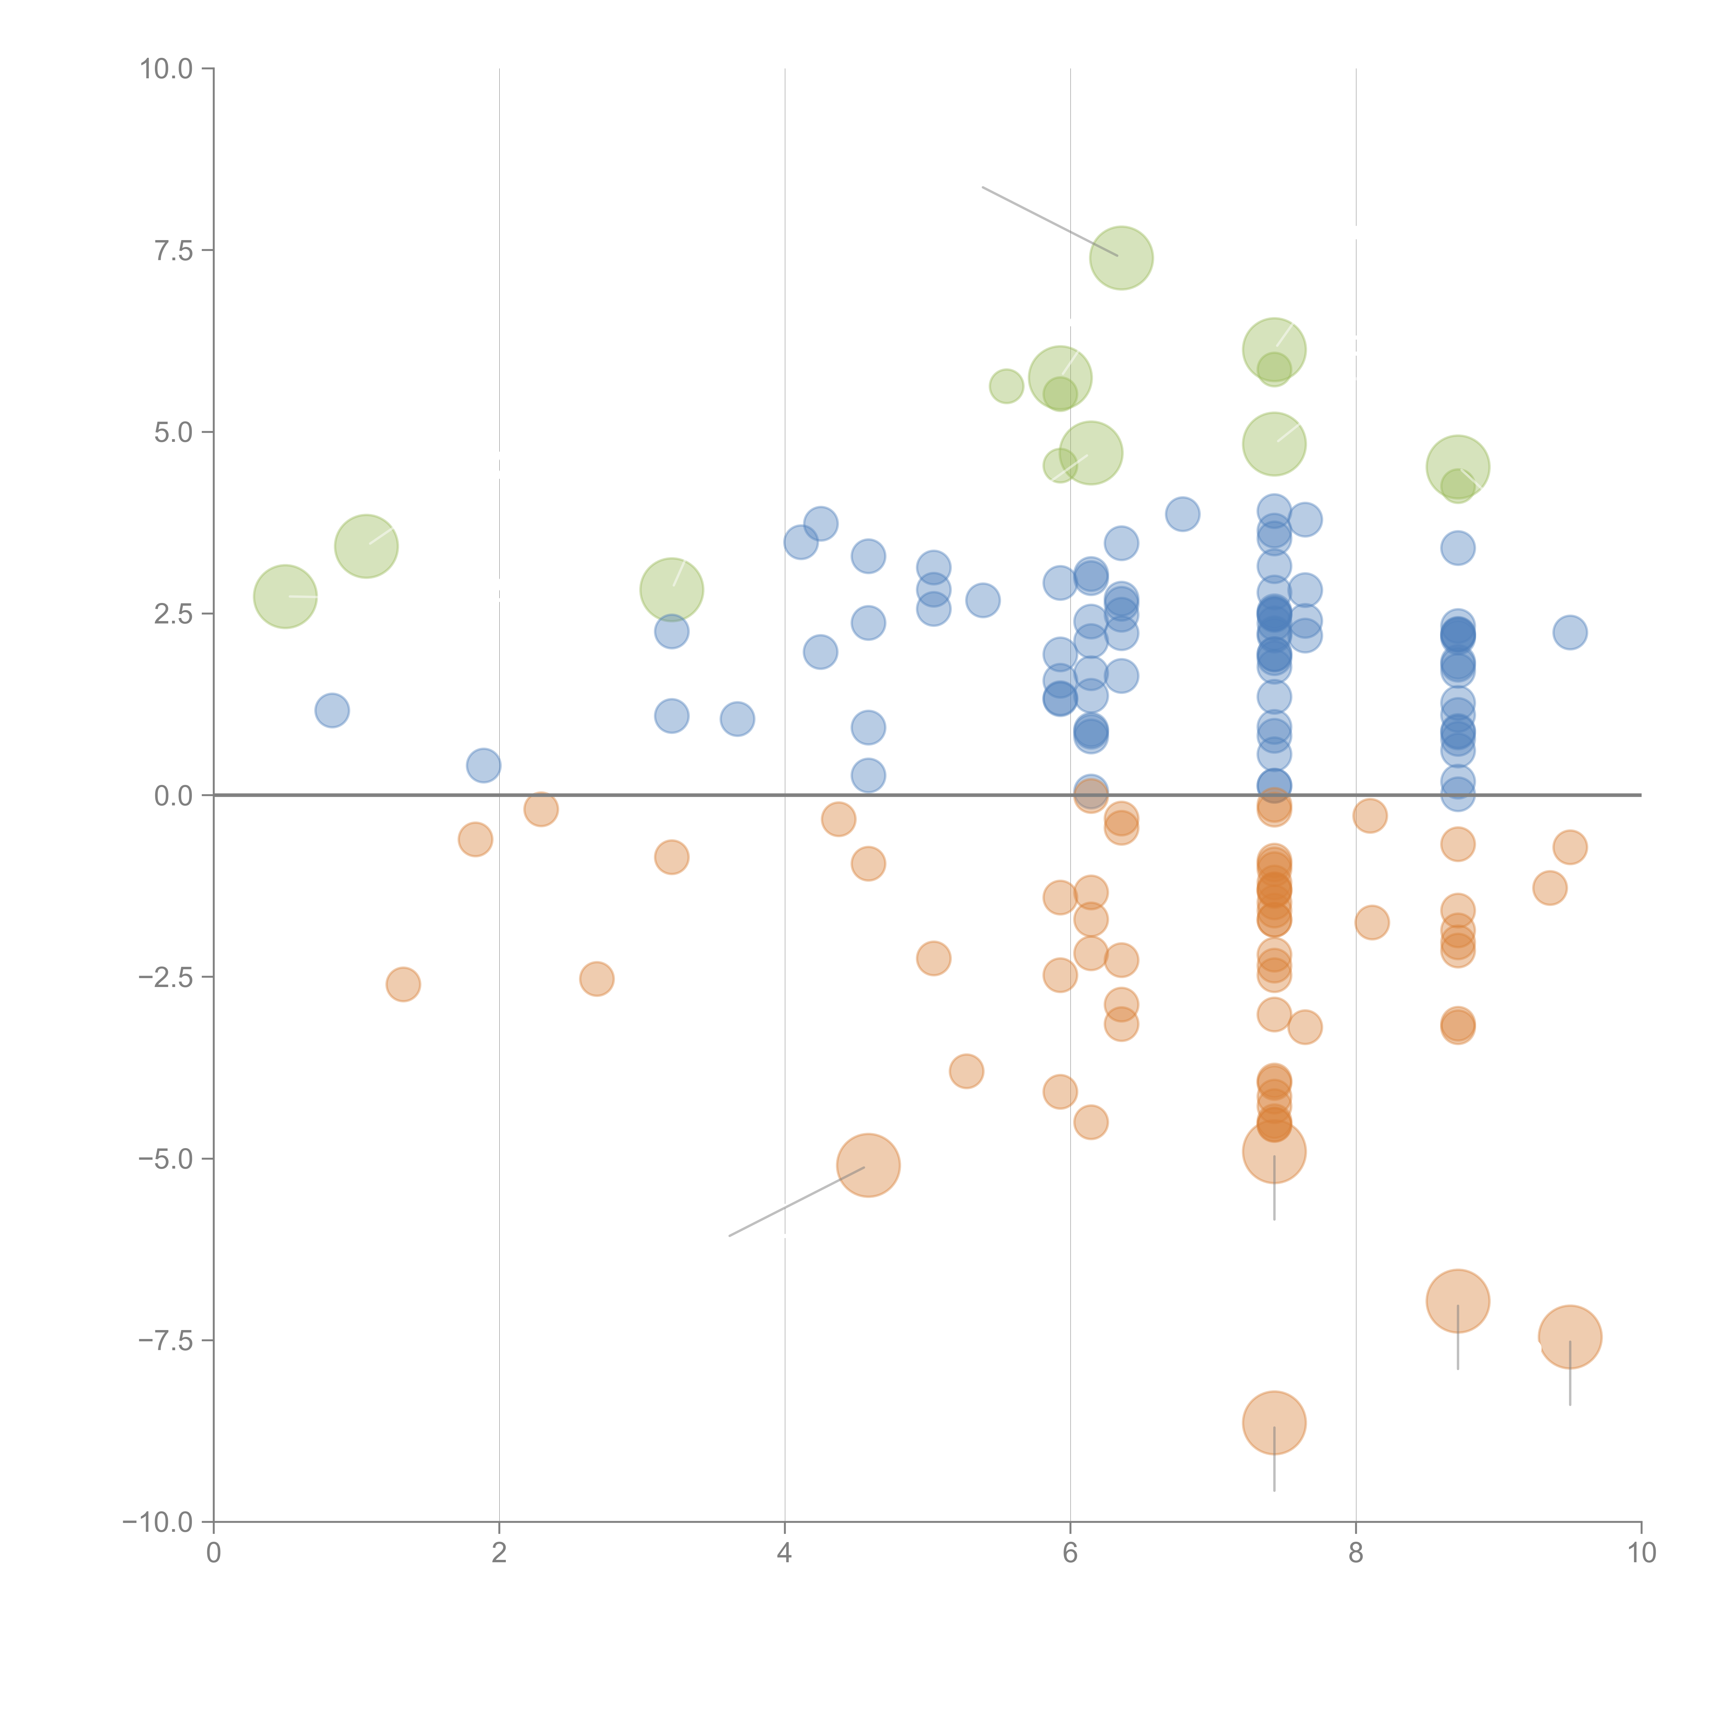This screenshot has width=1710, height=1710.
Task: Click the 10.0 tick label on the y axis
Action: pos(167,69)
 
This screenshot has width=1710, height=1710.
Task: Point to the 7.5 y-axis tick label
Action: pos(173,250)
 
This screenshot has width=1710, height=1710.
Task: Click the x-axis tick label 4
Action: pos(784,1553)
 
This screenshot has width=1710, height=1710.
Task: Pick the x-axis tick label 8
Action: pos(1356,1553)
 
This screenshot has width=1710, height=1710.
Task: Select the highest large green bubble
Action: pos(1121,258)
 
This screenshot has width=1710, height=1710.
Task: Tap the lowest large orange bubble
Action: pos(1274,1423)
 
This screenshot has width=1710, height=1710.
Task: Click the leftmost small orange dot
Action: pos(403,984)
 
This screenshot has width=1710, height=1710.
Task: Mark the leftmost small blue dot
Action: pos(332,710)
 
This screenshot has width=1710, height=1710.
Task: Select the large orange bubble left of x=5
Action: pos(868,1165)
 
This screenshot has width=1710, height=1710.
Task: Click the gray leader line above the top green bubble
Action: pos(1049,221)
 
